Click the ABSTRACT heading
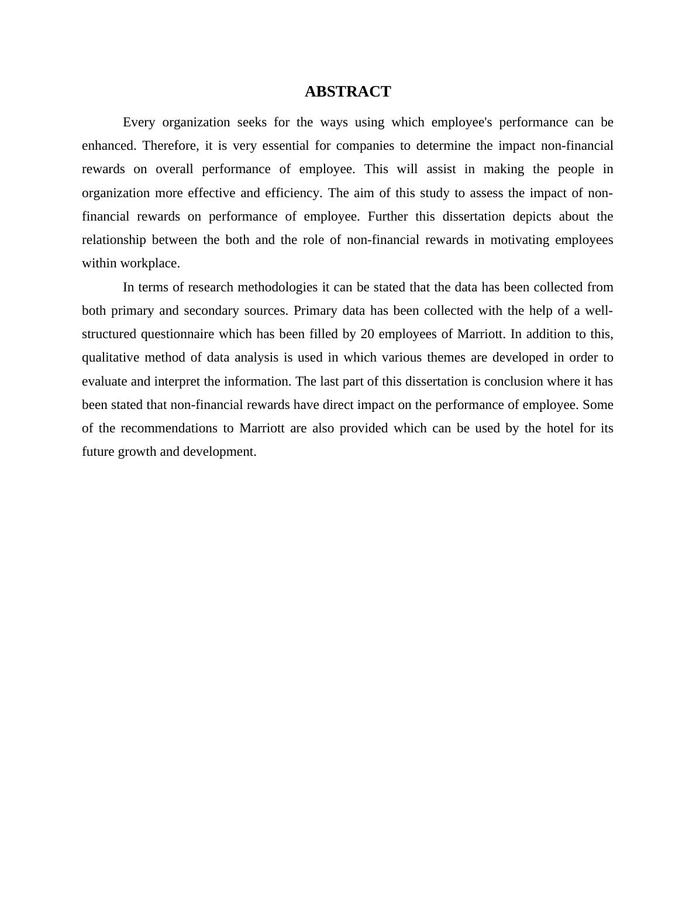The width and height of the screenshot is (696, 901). tap(347, 92)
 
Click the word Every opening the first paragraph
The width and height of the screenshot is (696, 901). tap(139, 122)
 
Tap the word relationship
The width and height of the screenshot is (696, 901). tap(113, 240)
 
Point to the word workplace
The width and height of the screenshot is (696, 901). tap(150, 263)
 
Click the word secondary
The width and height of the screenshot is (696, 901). tap(211, 311)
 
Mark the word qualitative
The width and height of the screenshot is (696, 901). tap(111, 357)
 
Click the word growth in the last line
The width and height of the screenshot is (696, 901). tap(139, 452)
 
